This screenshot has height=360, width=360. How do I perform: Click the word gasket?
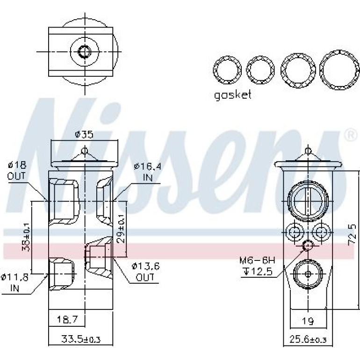click(232, 94)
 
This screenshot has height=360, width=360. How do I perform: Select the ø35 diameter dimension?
click(84, 134)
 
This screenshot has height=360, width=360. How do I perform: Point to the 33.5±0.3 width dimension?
click(81, 339)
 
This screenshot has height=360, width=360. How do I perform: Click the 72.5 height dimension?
click(351, 235)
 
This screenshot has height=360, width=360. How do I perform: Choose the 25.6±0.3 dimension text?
click(308, 339)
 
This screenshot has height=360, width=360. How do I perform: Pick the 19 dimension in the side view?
click(308, 321)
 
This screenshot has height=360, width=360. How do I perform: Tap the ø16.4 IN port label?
click(148, 172)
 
